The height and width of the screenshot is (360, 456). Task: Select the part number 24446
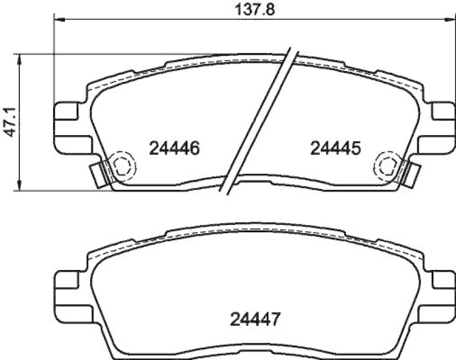coord(174,149)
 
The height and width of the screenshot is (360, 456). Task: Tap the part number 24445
coord(336,149)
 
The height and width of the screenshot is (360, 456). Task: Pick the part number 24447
coord(255,320)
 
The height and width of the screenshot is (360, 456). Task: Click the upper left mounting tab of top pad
coord(67,111)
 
